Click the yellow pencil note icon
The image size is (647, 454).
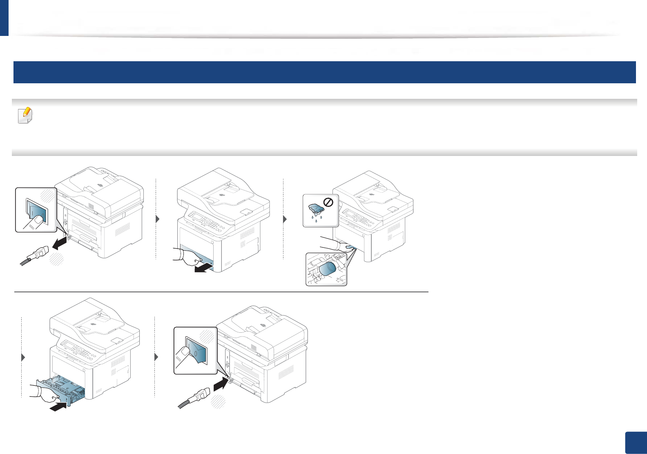25,116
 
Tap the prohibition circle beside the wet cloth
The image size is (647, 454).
328,202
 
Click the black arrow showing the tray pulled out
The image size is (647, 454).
204,268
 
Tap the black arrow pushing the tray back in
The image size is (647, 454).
58,407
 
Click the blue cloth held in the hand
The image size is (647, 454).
350,247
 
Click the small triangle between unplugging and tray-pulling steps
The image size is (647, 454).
158,219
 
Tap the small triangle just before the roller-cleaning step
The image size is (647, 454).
285,219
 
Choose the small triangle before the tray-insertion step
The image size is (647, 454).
23,357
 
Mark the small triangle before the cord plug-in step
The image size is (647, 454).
156,357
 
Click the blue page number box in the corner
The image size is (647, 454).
636,443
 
